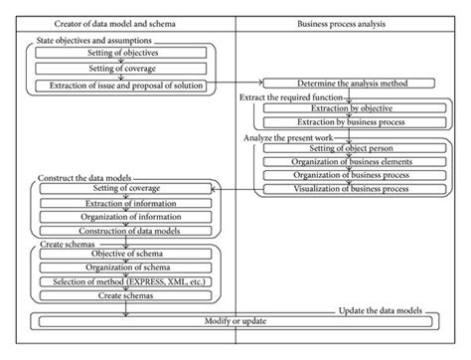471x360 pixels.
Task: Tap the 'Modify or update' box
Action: (x=235, y=320)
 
